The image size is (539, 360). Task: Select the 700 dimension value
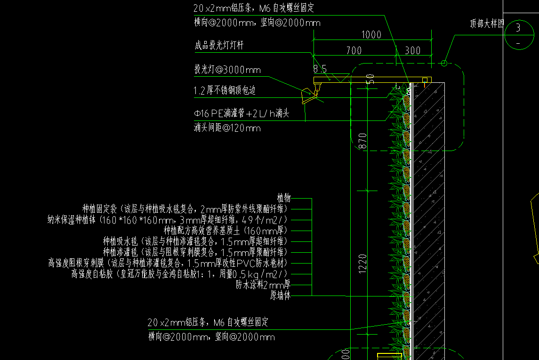(x=354, y=50)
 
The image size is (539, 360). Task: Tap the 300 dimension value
(x=412, y=50)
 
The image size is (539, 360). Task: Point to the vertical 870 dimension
(x=363, y=141)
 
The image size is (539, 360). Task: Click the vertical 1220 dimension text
(x=363, y=264)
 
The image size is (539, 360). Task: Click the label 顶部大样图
(x=487, y=24)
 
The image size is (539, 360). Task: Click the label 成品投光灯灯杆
(x=219, y=46)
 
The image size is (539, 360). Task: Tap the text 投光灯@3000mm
(x=227, y=70)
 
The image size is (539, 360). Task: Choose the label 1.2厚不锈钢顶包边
(x=225, y=91)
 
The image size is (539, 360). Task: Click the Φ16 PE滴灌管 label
(x=241, y=113)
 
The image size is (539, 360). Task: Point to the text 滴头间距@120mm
(x=227, y=128)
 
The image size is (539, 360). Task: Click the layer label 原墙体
(x=280, y=296)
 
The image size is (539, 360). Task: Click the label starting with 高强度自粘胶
(x=179, y=274)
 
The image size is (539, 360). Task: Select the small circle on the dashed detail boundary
(x=444, y=63)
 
